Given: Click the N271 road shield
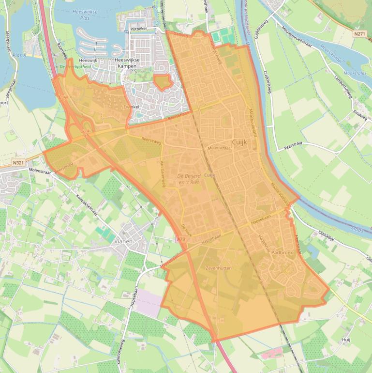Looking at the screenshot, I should (x=359, y=34).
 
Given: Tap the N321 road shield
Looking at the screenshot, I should (x=18, y=163).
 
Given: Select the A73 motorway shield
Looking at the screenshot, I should (x=180, y=239).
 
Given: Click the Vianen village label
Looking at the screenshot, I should (x=123, y=241).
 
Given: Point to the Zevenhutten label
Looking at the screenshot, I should (x=218, y=268).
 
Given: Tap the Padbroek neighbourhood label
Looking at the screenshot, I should (x=282, y=253).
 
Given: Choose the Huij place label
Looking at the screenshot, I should (x=346, y=341).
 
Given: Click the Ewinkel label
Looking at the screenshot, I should (x=131, y=106).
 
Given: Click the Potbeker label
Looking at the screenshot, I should (x=138, y=29).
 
